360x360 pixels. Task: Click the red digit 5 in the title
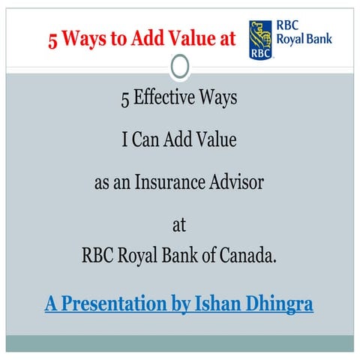pos(53,39)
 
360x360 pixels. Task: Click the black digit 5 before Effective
pos(125,98)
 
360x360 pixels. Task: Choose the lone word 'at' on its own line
pos(179,223)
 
